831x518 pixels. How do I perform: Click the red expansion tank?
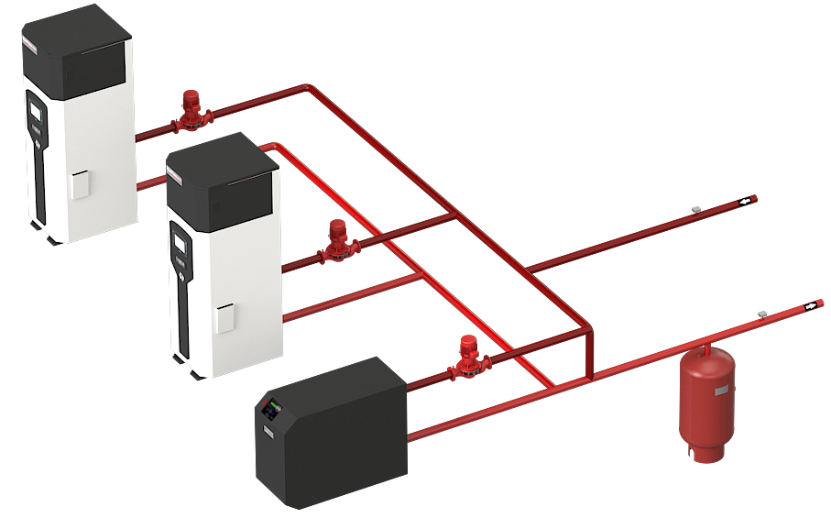[x=705, y=392]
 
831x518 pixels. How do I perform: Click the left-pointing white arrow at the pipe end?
[x=746, y=199]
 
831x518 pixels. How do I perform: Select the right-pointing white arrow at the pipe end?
[x=810, y=306]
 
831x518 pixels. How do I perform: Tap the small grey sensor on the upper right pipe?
[x=697, y=209]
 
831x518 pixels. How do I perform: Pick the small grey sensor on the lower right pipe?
[x=761, y=314]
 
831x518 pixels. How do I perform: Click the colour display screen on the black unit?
[x=271, y=408]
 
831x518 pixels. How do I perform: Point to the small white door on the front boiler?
[x=224, y=318]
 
